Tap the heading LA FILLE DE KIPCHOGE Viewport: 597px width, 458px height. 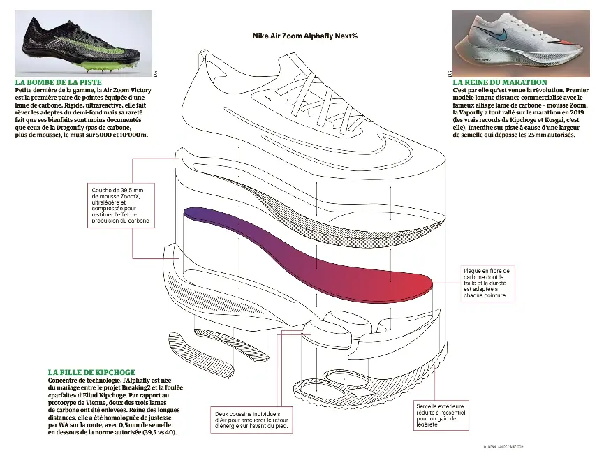click(x=91, y=372)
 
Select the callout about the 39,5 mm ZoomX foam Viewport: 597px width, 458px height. click(x=120, y=205)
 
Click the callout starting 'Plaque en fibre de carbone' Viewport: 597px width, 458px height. click(x=487, y=283)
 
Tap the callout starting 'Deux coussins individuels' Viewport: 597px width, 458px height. click(x=251, y=419)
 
